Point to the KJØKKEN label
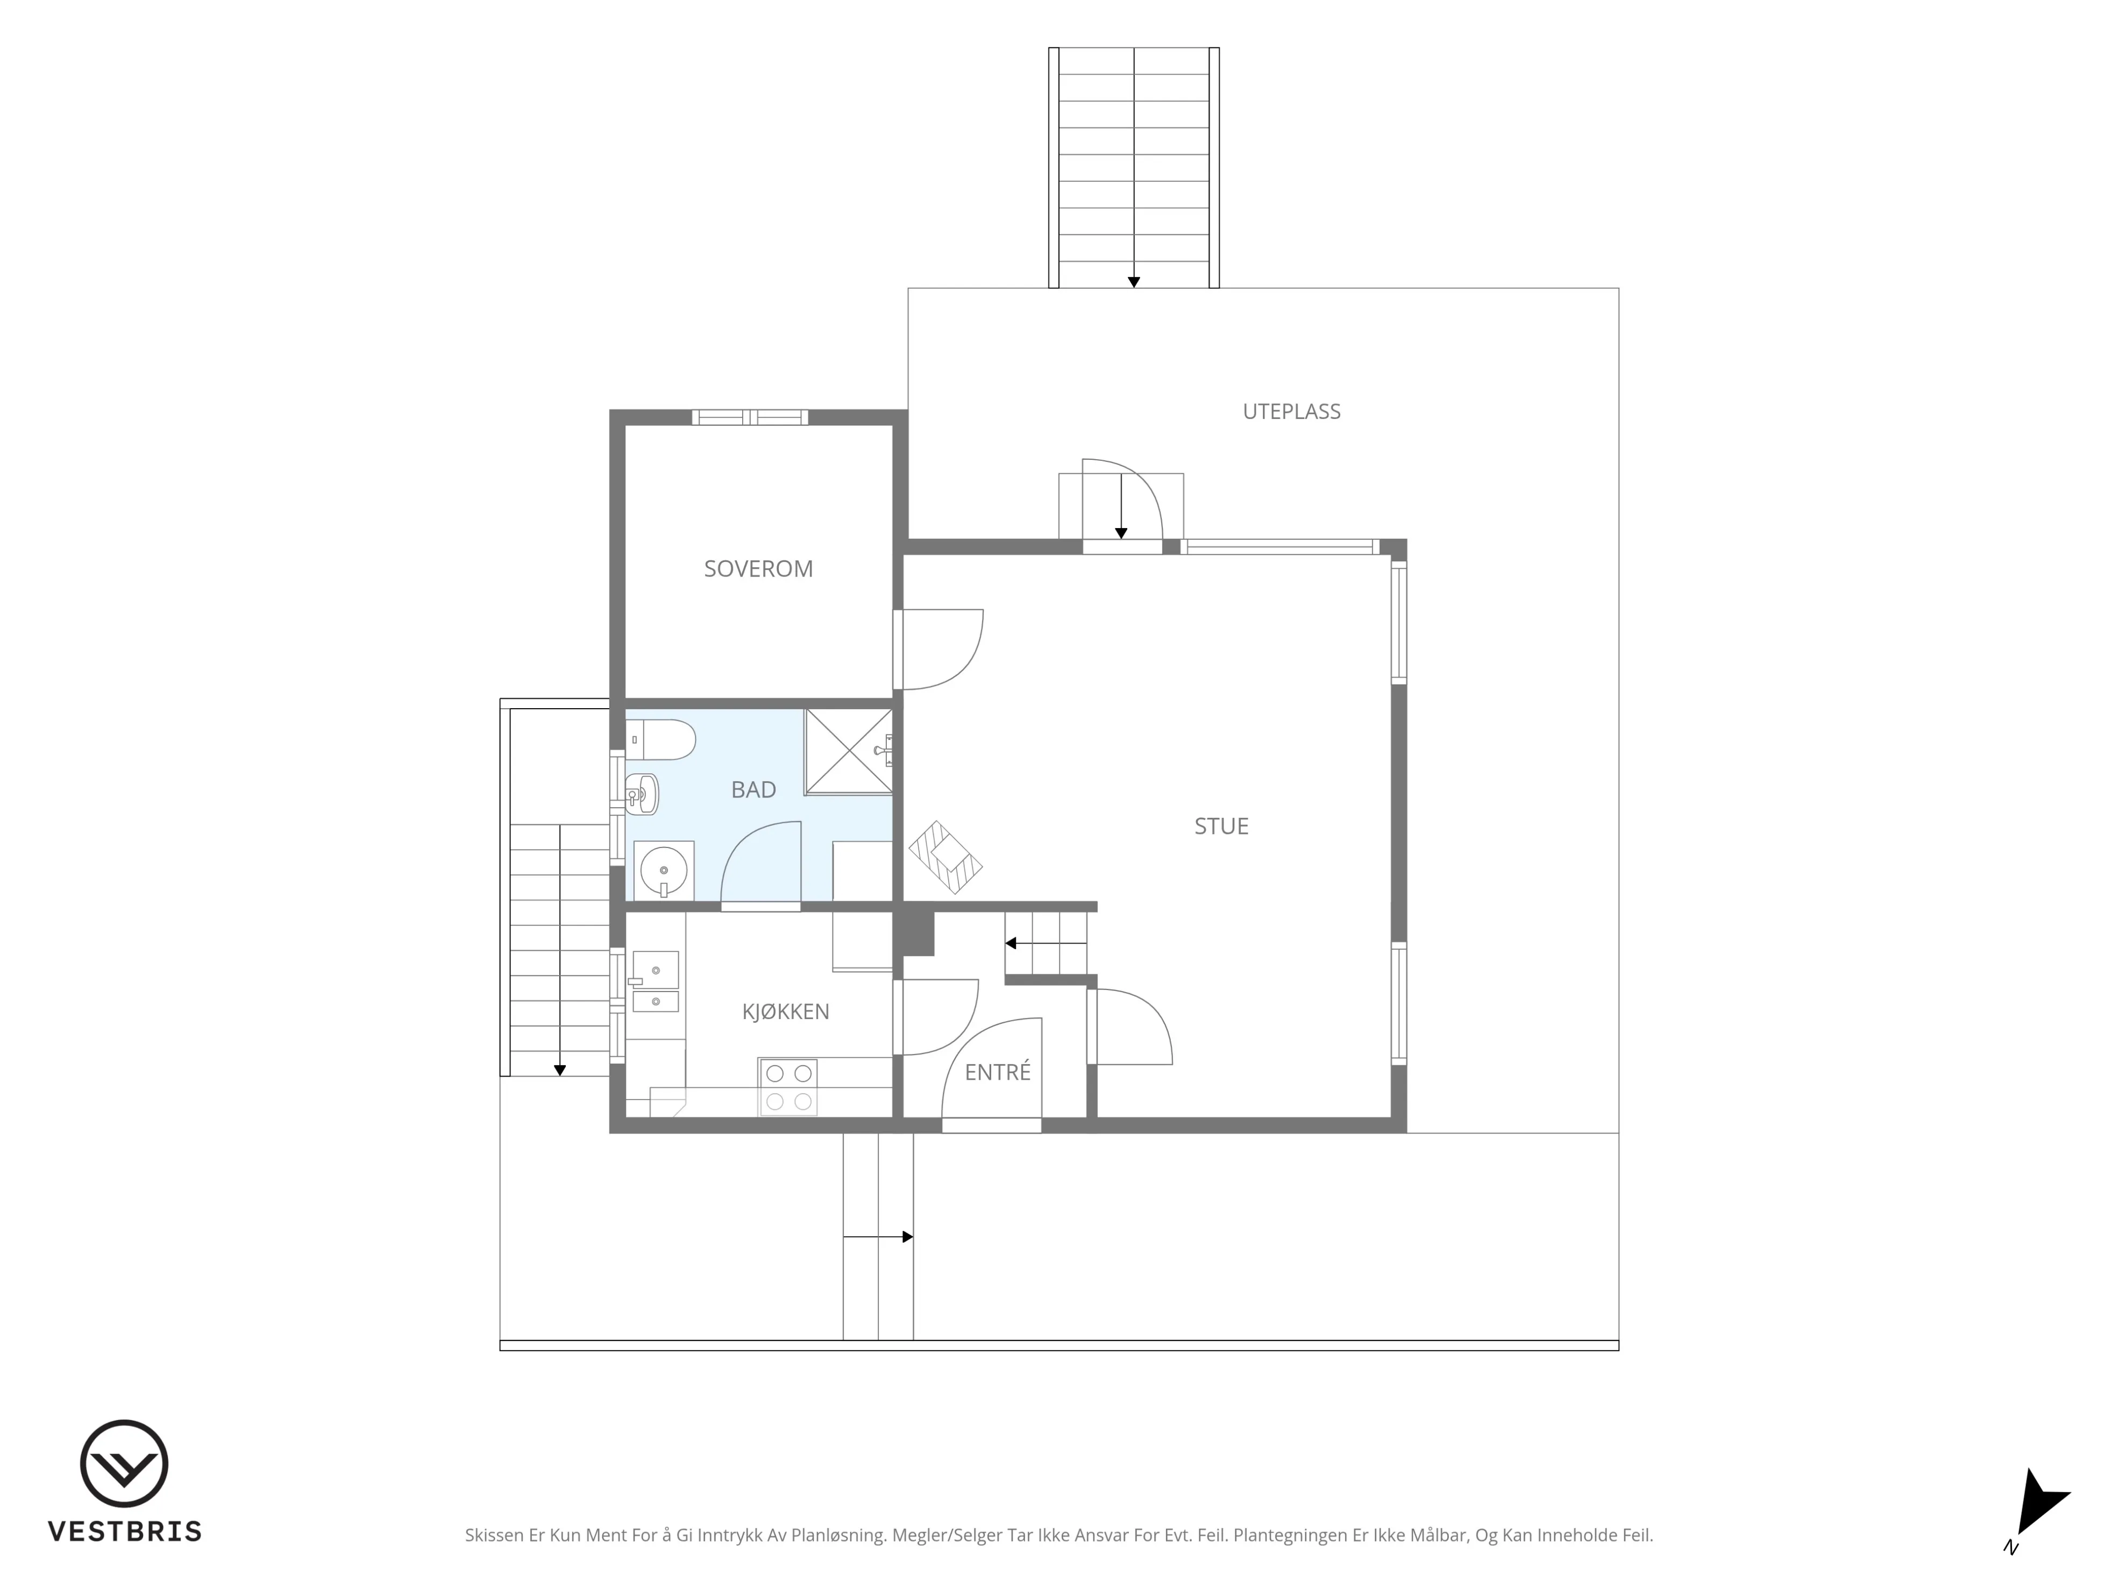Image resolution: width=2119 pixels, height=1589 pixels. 786,1011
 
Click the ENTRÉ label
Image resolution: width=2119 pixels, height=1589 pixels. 997,1073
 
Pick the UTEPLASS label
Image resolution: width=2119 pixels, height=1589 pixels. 1291,412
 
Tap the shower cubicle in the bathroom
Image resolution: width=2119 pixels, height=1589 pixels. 849,752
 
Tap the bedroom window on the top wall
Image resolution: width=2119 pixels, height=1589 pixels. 750,418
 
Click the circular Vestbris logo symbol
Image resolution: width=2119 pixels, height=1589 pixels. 125,1464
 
